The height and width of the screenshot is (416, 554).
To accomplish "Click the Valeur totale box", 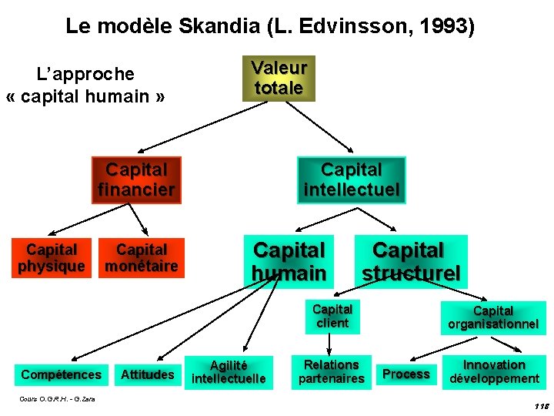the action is (279, 79).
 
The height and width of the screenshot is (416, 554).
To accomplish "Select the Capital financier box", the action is (136, 180).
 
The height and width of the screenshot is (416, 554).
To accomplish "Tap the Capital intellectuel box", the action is (352, 180).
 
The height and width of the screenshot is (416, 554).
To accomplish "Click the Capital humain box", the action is (289, 261).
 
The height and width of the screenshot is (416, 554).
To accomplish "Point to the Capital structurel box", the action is (411, 262).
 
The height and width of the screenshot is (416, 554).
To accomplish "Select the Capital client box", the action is (332, 317).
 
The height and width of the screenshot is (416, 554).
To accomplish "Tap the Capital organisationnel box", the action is (493, 317).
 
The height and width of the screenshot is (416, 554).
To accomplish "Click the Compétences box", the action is (62, 375).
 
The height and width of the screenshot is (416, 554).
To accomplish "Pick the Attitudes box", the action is (148, 375).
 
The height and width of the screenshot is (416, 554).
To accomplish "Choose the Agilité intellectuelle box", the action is (229, 372).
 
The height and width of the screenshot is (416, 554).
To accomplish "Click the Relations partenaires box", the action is (331, 371).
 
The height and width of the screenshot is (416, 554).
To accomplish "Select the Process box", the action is (406, 374).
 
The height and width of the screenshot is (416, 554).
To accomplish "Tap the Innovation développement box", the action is (494, 371).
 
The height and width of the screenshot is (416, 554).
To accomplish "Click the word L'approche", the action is (85, 75).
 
